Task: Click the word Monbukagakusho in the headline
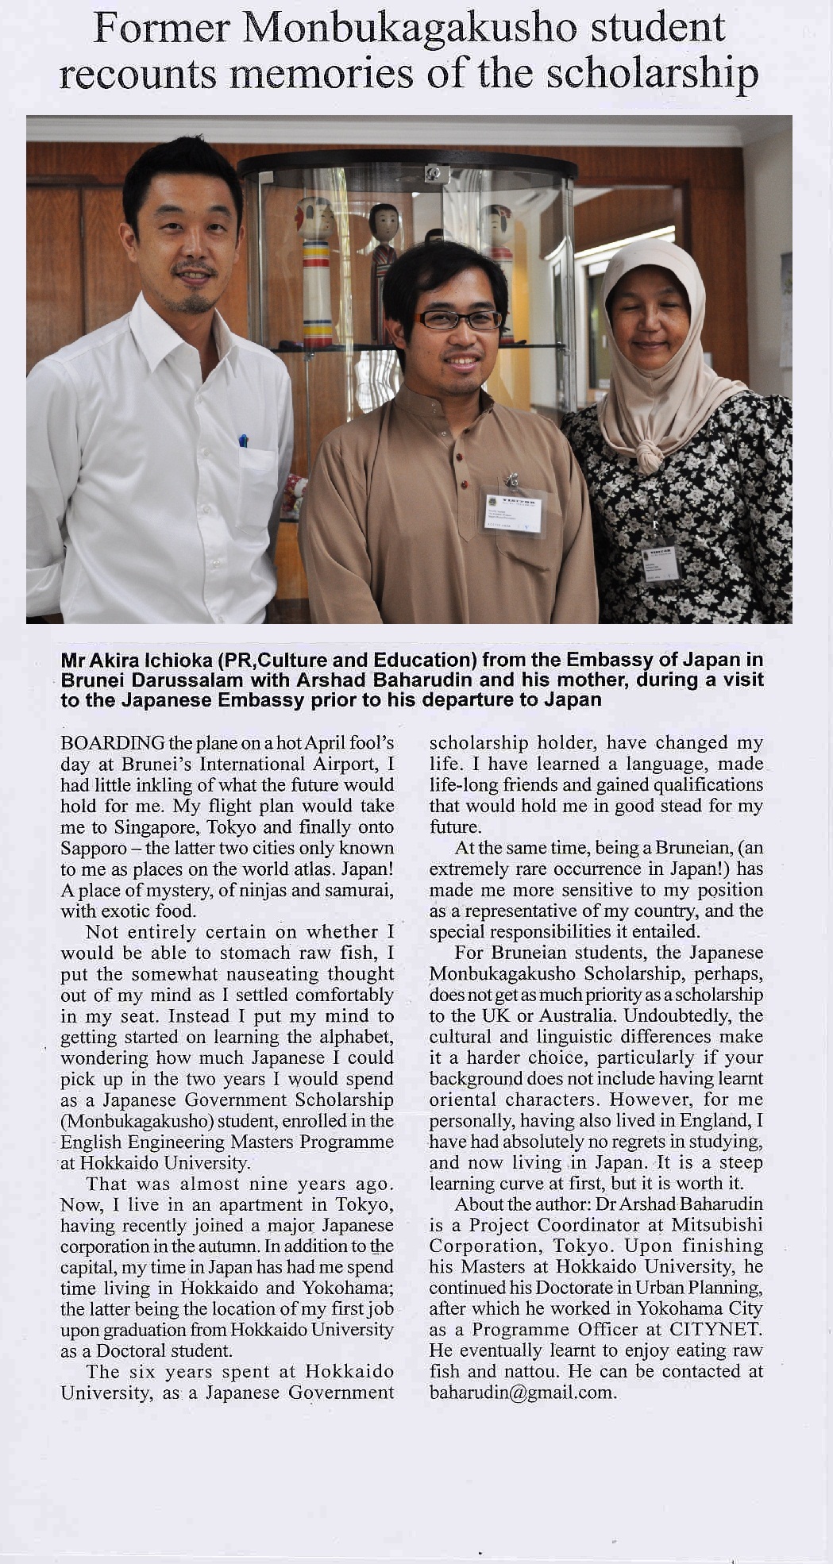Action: (x=410, y=29)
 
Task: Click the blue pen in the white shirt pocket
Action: (x=243, y=440)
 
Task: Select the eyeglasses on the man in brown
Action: (x=460, y=320)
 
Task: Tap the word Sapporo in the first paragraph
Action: (x=93, y=849)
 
